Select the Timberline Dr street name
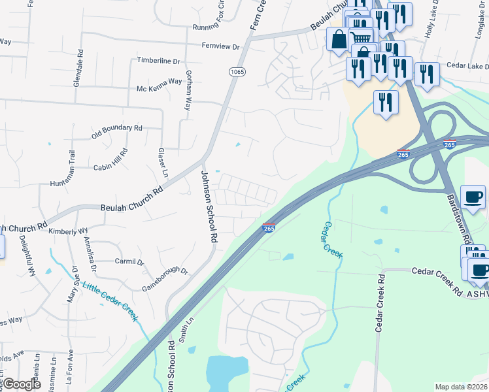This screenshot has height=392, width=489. pyautogui.click(x=158, y=61)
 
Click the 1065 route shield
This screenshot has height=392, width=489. pyautogui.click(x=237, y=71)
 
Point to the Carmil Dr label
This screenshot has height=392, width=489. pyautogui.click(x=129, y=262)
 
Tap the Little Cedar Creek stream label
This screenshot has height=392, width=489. pyautogui.click(x=110, y=301)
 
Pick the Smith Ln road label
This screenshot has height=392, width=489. pyautogui.click(x=187, y=331)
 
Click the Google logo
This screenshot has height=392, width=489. pyautogui.click(x=22, y=384)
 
